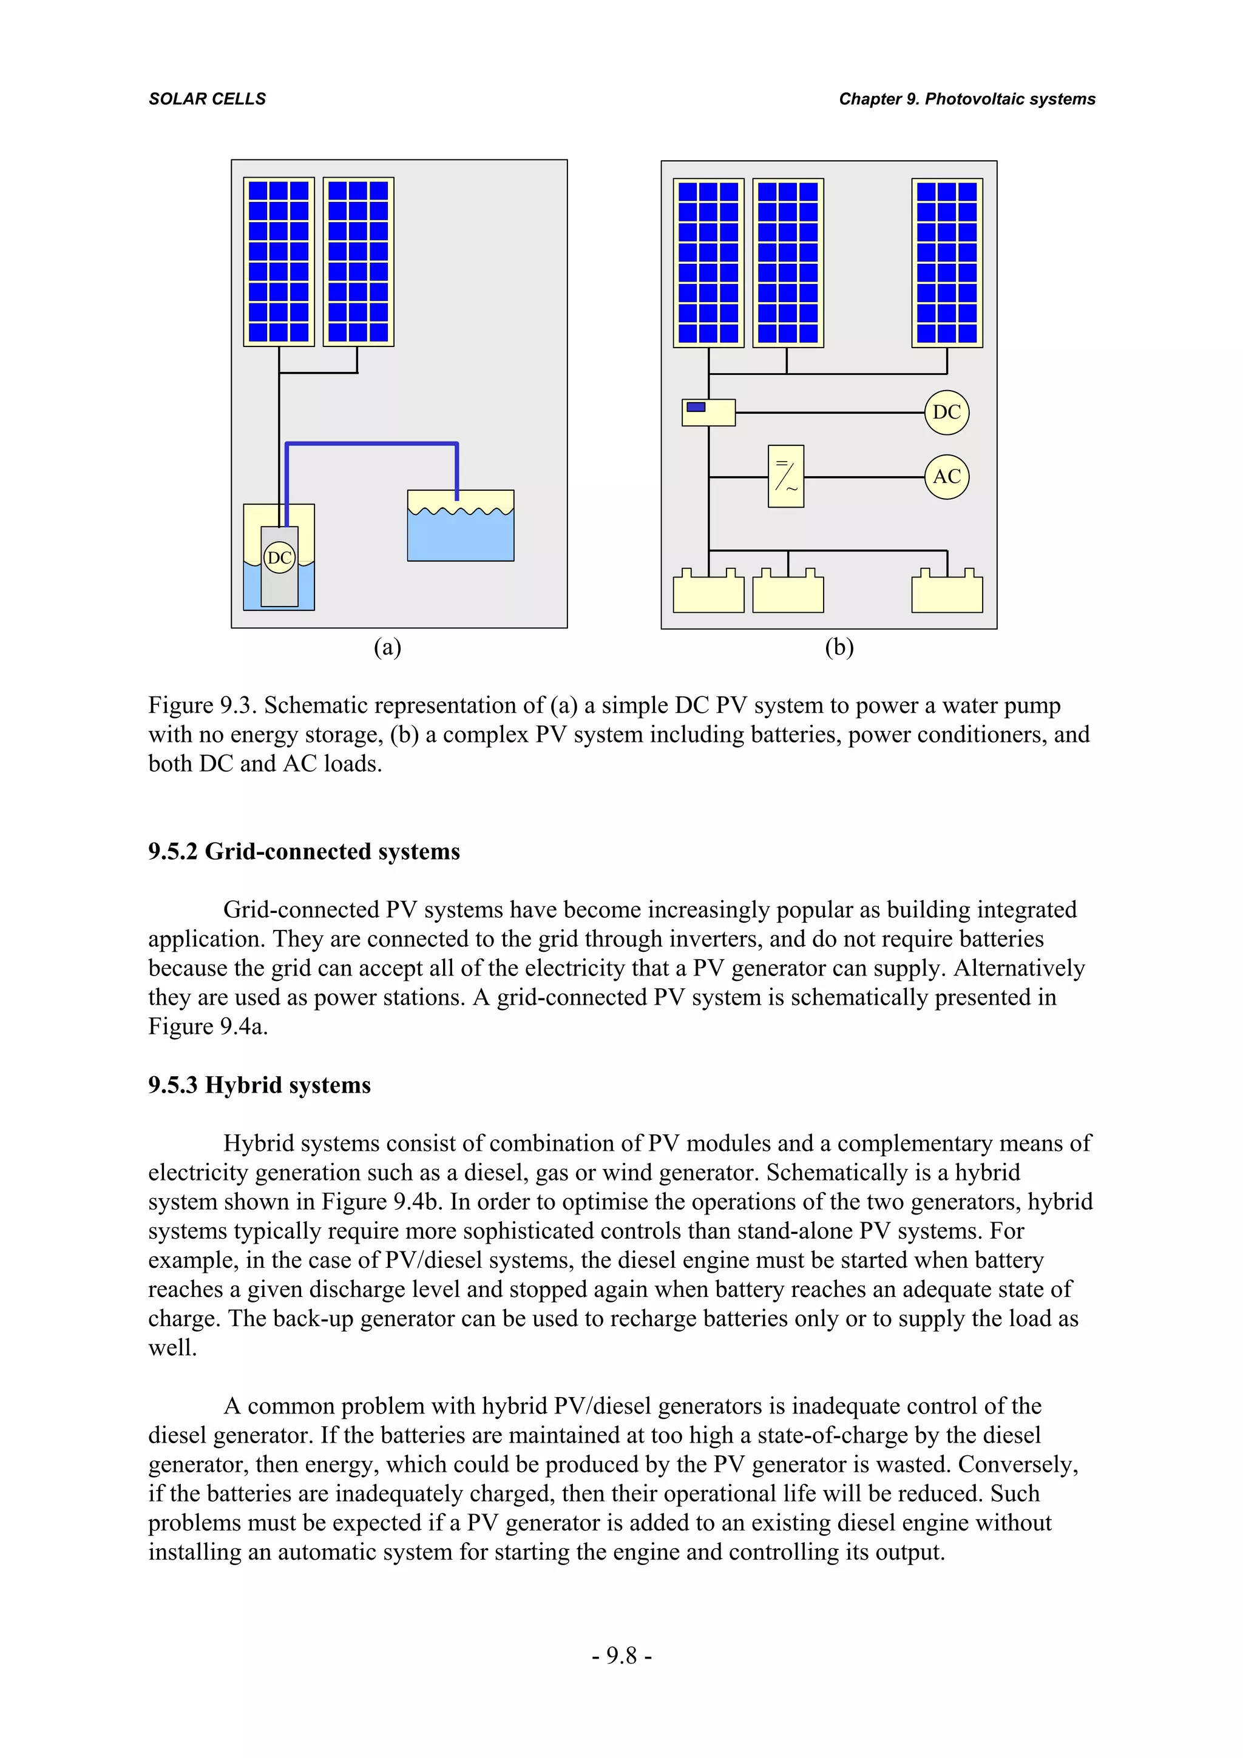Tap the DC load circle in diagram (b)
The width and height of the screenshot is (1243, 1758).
tap(947, 412)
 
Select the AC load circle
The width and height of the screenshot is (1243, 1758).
tap(947, 476)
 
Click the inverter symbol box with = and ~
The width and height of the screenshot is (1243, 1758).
tap(786, 476)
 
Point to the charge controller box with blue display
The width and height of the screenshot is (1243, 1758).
tap(708, 412)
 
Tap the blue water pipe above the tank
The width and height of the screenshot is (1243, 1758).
tap(371, 443)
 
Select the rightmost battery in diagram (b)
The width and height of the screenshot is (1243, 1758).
tap(947, 594)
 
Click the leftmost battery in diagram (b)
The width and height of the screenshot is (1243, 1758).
tap(708, 594)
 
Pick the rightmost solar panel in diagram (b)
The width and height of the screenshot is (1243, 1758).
tap(947, 263)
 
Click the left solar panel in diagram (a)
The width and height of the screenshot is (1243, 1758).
tap(279, 262)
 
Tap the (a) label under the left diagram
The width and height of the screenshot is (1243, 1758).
tap(388, 648)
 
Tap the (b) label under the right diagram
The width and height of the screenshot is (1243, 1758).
tap(839, 648)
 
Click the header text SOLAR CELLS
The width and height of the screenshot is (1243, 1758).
tap(207, 99)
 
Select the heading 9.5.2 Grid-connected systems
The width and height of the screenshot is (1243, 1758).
tap(304, 852)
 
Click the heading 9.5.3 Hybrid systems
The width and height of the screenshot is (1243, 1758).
tap(259, 1085)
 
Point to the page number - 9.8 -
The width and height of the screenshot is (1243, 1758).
tap(621, 1655)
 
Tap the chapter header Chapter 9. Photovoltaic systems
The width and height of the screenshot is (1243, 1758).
tap(966, 99)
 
